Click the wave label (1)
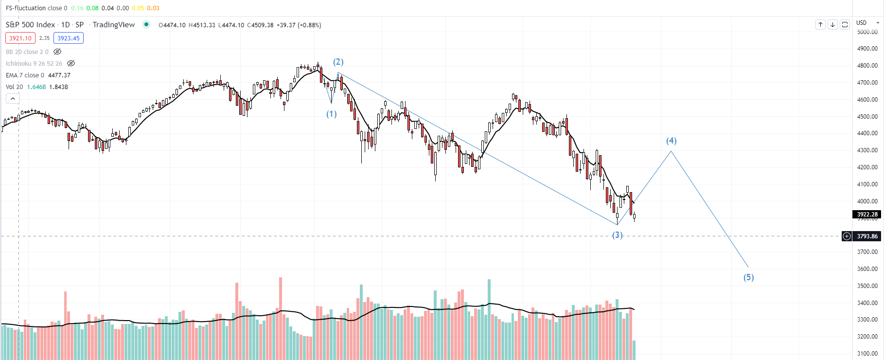(x=331, y=114)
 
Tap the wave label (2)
(x=338, y=62)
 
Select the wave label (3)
(x=617, y=235)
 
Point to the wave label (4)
(x=671, y=141)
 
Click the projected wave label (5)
(x=748, y=277)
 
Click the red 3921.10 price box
(x=20, y=38)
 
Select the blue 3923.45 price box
(x=69, y=38)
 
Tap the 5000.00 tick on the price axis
(x=867, y=32)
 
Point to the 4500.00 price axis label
(x=867, y=117)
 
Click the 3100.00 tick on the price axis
(x=867, y=354)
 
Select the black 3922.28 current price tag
(x=867, y=215)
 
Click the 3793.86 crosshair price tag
(x=867, y=236)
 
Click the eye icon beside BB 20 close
(x=57, y=52)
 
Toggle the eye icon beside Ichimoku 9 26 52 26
(x=71, y=63)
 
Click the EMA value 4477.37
(x=59, y=75)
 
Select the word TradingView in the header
(x=114, y=25)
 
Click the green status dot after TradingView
(x=146, y=24)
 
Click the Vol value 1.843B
(x=59, y=87)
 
